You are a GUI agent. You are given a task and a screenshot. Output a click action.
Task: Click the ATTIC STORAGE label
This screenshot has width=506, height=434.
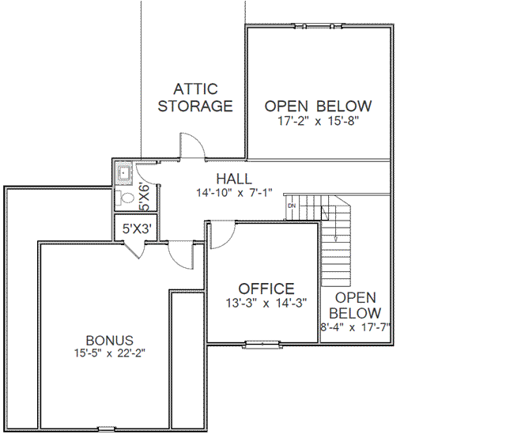point(195,97)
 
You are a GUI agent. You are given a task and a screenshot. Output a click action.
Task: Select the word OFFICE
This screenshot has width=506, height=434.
point(266,289)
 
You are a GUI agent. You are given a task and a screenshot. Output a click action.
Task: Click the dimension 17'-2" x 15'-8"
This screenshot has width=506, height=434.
point(318,122)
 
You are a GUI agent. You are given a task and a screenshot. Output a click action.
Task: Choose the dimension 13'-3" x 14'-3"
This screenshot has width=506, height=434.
point(266,303)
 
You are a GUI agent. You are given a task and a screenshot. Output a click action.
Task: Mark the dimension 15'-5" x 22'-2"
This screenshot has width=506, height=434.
point(110,353)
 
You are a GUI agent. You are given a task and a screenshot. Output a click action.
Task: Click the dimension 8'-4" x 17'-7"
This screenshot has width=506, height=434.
point(356,326)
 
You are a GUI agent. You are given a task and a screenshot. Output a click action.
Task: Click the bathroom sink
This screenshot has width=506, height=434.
point(124,172)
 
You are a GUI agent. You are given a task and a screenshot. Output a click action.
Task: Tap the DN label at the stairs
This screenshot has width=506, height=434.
point(291,206)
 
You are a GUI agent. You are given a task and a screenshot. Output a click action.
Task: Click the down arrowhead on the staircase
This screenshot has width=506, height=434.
point(337,238)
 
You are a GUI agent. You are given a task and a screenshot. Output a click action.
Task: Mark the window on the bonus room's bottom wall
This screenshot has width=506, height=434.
point(107,429)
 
